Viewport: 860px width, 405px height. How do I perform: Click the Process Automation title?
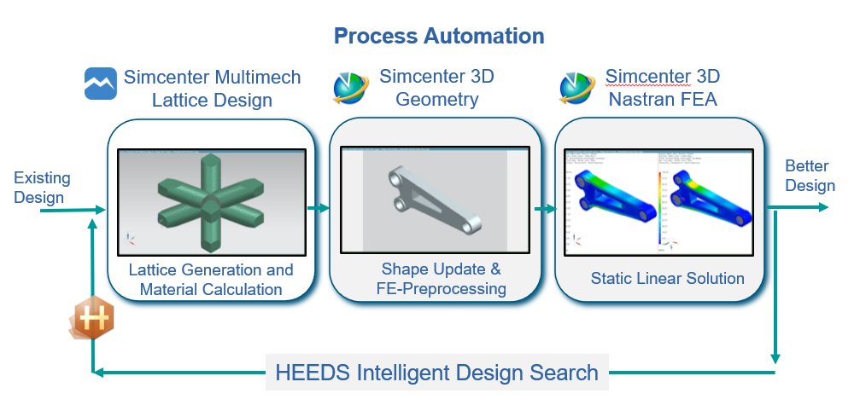pos(438,36)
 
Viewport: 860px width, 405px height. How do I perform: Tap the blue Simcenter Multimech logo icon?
pos(101,84)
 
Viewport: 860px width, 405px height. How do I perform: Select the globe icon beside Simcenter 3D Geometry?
pos(350,87)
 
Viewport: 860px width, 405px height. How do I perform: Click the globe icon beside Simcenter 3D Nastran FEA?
pos(577,87)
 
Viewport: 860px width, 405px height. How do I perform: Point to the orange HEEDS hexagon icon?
pos(91,321)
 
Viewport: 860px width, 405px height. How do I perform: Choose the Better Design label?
pos(810,176)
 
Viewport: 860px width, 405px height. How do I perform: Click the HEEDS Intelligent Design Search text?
pos(436,372)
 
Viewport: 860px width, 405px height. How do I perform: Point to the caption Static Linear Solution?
pos(667,278)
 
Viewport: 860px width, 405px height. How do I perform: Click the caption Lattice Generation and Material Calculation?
pos(211,279)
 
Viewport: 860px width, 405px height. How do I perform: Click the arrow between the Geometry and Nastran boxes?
pos(544,208)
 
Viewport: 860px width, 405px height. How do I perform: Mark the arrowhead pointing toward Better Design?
pos(821,207)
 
